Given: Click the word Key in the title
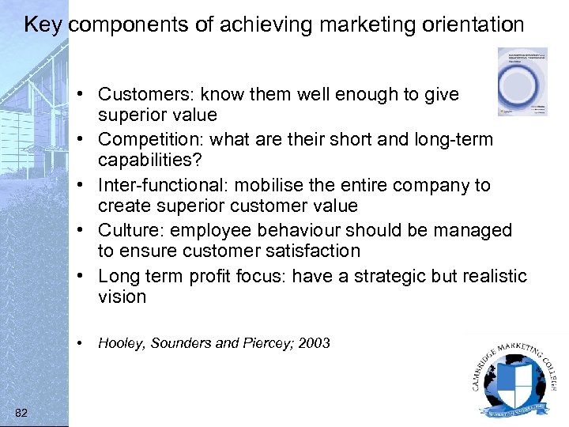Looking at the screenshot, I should pos(43,25).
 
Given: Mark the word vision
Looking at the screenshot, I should pos(122,297).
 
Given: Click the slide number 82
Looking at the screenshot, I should pos(21,412).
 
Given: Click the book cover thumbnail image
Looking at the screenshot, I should pos(522,81).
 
